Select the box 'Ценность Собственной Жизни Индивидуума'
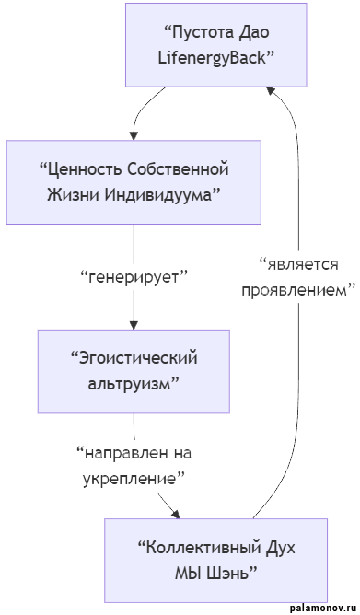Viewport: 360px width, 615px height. tap(134, 182)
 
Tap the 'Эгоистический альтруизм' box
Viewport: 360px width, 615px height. tap(134, 370)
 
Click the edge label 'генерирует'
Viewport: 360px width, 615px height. tap(134, 277)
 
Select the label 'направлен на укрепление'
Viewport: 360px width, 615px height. tap(134, 466)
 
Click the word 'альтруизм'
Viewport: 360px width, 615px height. tap(134, 382)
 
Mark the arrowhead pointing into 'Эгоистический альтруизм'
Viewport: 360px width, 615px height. tap(134, 323)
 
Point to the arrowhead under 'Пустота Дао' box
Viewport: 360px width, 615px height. tap(271, 90)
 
